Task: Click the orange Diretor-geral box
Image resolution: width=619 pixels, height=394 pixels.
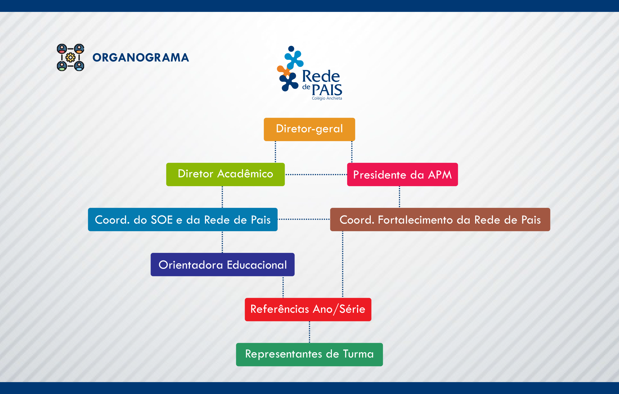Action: (309, 129)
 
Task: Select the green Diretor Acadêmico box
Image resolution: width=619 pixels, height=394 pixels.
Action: (225, 174)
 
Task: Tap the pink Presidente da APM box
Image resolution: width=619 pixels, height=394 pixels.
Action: (402, 174)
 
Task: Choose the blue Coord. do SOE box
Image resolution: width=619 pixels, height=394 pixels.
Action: (183, 219)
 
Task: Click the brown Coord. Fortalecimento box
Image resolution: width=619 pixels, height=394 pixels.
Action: (440, 219)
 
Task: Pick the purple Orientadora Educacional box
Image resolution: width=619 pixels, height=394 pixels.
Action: (223, 264)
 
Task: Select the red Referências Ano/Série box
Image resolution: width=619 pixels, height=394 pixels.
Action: (308, 309)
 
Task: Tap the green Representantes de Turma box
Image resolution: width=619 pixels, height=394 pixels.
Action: (309, 354)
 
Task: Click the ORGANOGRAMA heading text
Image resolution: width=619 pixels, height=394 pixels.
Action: (141, 57)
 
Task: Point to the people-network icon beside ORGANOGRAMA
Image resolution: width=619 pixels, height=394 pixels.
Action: (71, 57)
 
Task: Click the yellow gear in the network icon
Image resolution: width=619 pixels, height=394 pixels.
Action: (71, 57)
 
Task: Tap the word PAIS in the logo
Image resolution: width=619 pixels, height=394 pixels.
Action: (327, 90)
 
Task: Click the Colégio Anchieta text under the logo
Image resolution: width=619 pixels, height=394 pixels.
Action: (327, 98)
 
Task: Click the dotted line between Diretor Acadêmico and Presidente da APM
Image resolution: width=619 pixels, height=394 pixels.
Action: (316, 174)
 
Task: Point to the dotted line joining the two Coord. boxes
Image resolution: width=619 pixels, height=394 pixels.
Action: (304, 219)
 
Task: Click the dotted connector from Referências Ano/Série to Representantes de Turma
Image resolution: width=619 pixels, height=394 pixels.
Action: (309, 332)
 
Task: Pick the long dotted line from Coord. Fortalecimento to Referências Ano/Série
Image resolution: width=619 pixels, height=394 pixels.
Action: (342, 264)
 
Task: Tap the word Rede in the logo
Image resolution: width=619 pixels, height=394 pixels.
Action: (321, 76)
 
